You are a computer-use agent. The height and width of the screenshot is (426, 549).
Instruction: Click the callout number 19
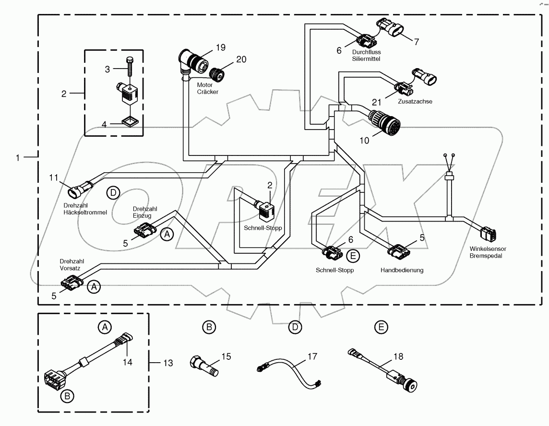(220, 47)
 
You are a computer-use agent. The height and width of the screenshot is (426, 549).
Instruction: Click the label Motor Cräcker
(208, 88)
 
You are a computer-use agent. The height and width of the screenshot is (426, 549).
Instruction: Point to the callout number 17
(312, 356)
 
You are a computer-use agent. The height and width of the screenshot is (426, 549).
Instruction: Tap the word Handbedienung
(402, 270)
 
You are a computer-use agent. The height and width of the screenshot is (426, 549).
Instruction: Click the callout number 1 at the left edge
(18, 157)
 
